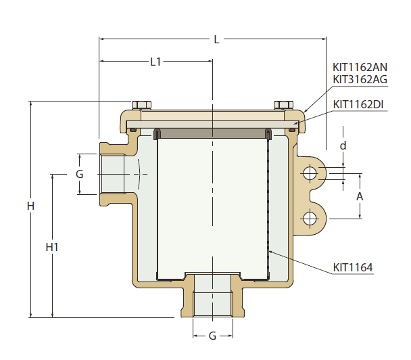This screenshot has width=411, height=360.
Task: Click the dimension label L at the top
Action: [216, 40]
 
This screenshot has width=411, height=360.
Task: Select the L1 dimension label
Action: [155, 62]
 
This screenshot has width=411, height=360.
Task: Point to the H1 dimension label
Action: [52, 247]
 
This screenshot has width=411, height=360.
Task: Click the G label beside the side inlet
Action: [79, 174]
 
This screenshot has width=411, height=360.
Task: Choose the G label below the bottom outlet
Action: [212, 336]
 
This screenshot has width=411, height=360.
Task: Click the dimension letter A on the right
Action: [360, 196]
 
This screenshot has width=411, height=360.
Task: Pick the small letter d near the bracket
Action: [343, 145]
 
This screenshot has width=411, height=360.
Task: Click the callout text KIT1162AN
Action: [360, 68]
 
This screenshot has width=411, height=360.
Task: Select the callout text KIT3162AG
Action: [360, 79]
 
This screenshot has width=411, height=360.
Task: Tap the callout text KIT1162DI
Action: [359, 104]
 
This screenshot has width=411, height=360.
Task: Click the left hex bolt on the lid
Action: [141, 105]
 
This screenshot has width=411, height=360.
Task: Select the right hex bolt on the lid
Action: [283, 105]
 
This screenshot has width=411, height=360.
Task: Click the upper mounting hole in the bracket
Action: [310, 173]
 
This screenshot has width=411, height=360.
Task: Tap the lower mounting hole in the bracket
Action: [310, 218]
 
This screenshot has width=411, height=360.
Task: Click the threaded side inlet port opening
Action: [112, 175]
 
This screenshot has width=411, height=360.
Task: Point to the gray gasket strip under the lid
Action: [212, 133]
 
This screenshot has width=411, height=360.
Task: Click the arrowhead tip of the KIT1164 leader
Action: [268, 252]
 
